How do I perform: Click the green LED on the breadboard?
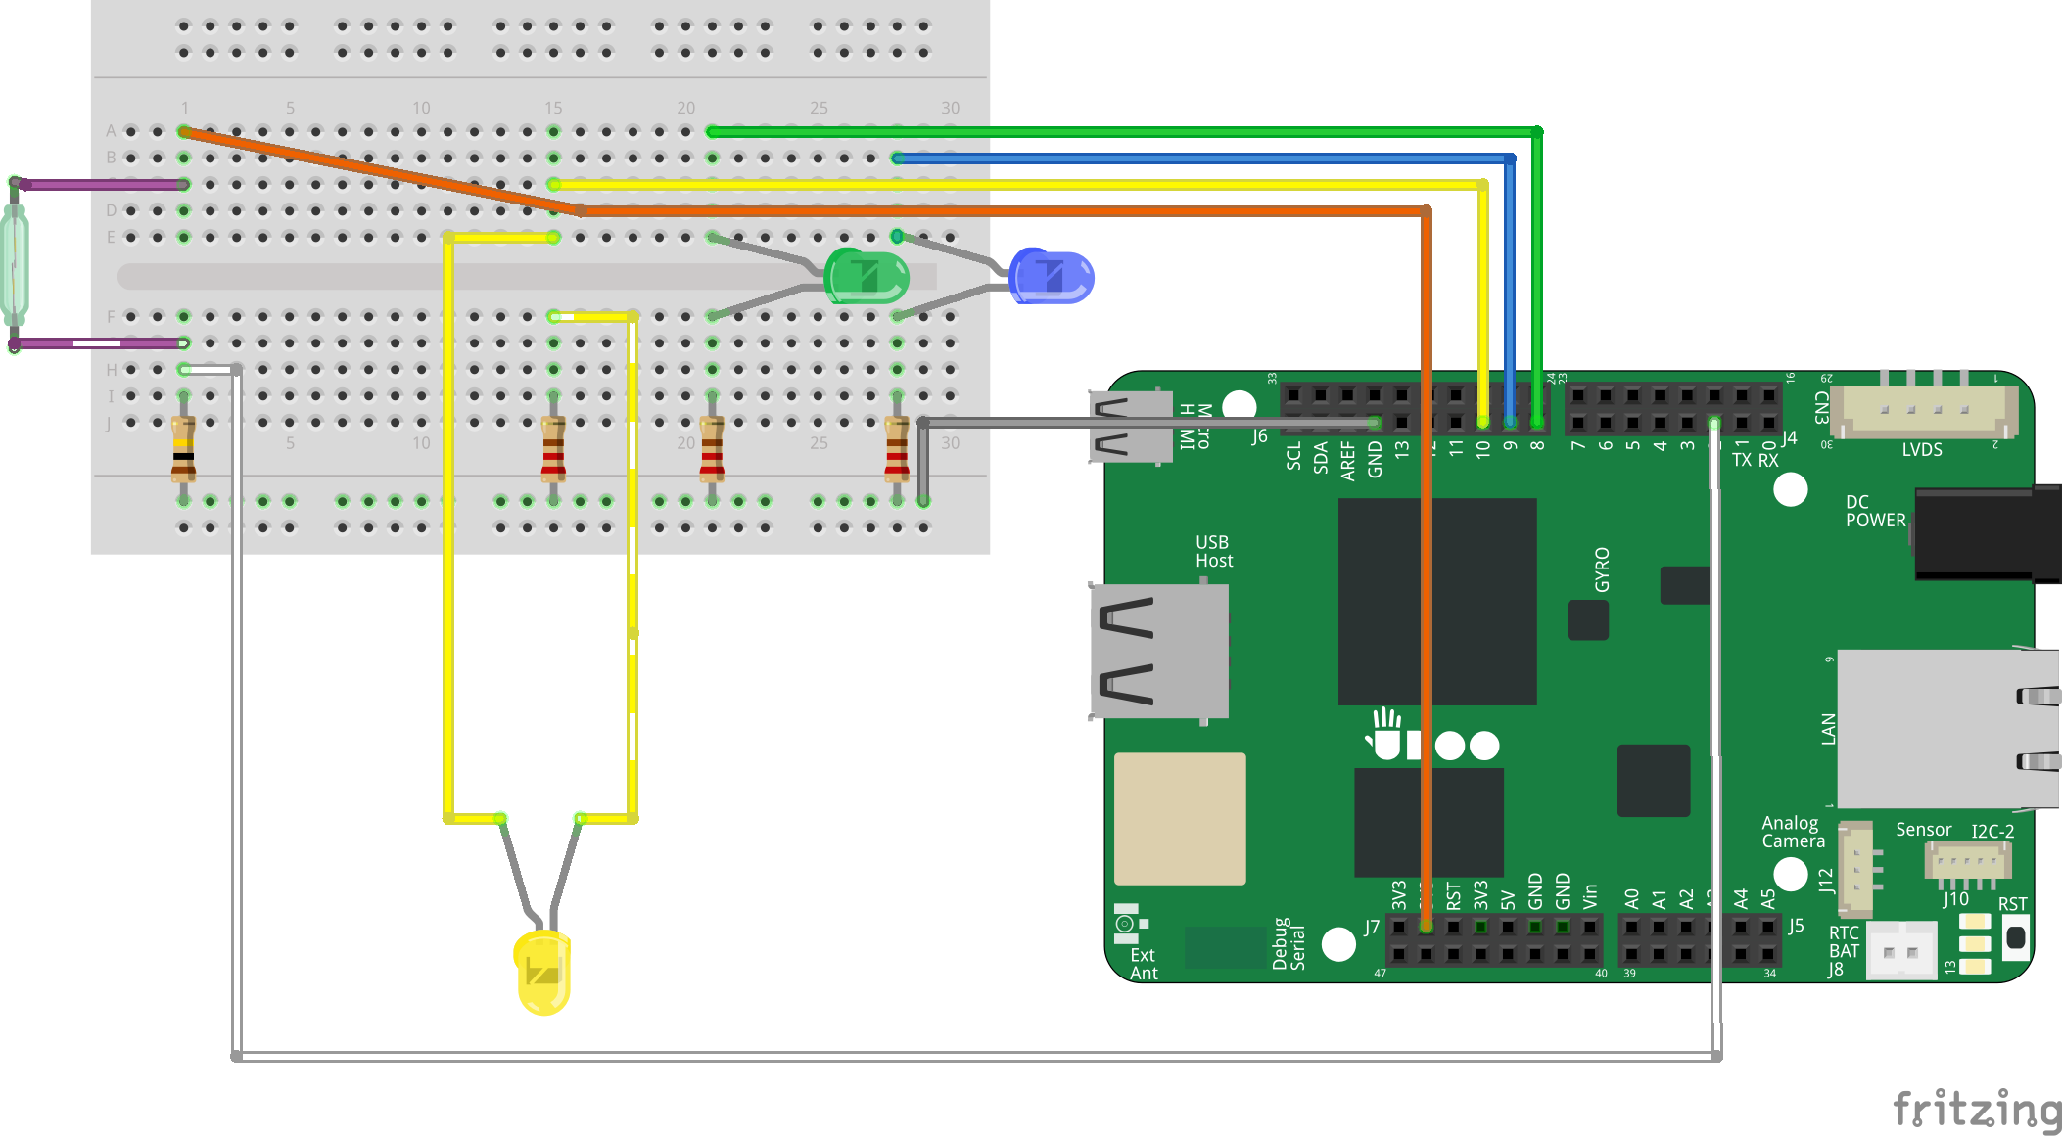pos(867,276)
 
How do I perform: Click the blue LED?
pos(1052,276)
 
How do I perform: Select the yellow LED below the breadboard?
pos(542,972)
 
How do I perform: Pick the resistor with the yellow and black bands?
pos(183,449)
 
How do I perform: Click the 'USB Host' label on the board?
pos(1213,551)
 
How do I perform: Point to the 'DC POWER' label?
pos(1875,511)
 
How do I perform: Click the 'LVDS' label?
pos(1921,450)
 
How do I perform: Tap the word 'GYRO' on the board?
pos(1602,569)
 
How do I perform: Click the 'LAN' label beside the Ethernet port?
pos(1828,729)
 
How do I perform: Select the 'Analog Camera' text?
pos(1793,832)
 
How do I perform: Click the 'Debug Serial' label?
pos(1289,944)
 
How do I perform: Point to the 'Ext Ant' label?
pos(1143,964)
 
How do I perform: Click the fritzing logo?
pos(1977,1110)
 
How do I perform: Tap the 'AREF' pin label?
pos(1348,461)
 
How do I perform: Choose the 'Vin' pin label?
pos(1590,895)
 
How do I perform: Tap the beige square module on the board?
pos(1180,818)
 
